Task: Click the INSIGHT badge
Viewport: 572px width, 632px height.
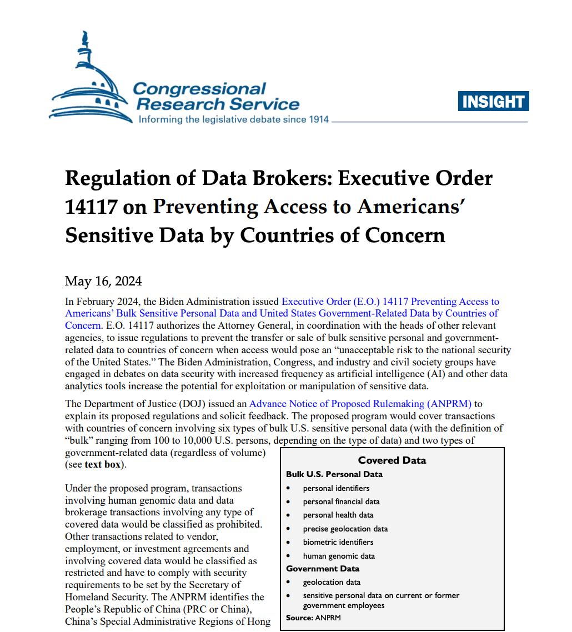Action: click(x=493, y=101)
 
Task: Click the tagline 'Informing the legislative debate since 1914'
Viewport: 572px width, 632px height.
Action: click(x=233, y=119)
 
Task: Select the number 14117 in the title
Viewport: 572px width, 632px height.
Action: click(x=91, y=207)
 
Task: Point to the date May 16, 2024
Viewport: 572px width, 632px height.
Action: click(x=103, y=280)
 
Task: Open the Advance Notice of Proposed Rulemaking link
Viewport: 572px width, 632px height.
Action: click(x=360, y=404)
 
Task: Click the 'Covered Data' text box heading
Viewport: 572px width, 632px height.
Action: click(x=392, y=460)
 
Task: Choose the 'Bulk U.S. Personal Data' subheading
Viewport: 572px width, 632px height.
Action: click(x=334, y=474)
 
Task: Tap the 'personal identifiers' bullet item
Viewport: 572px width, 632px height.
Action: click(x=336, y=488)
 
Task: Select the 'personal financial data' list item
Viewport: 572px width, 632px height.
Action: click(x=341, y=501)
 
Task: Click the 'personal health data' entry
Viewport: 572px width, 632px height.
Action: click(x=338, y=515)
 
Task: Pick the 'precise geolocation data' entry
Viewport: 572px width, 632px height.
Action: click(x=345, y=529)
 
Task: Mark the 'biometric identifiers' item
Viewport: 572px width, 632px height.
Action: click(x=338, y=542)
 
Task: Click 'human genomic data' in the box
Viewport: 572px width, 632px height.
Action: click(x=339, y=556)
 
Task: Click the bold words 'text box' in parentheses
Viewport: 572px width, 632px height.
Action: click(x=103, y=464)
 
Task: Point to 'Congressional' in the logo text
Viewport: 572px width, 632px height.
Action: click(x=199, y=89)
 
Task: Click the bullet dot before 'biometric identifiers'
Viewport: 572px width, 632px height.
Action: click(x=289, y=542)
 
